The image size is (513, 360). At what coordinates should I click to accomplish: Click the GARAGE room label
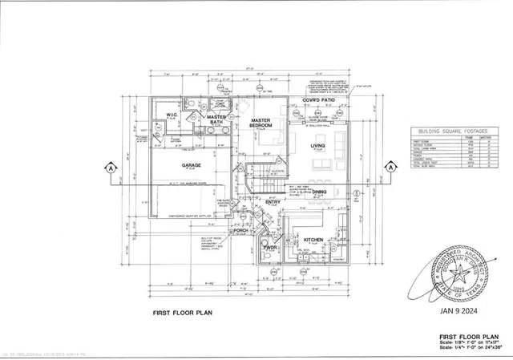pyautogui.click(x=191, y=164)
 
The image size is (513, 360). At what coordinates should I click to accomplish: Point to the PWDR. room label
pyautogui.click(x=271, y=247)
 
